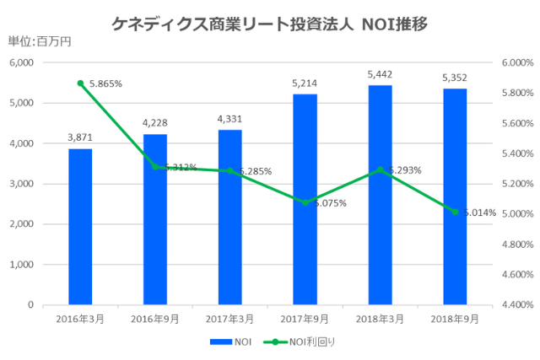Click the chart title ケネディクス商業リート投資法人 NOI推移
point(269,24)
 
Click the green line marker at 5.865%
point(80,83)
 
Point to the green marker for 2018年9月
point(455,212)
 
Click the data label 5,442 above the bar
point(380,75)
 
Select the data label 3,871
point(80,138)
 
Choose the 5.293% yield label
point(404,170)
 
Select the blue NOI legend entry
point(232,342)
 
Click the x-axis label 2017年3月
point(229,320)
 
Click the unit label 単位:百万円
point(40,42)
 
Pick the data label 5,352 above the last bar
point(455,78)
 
